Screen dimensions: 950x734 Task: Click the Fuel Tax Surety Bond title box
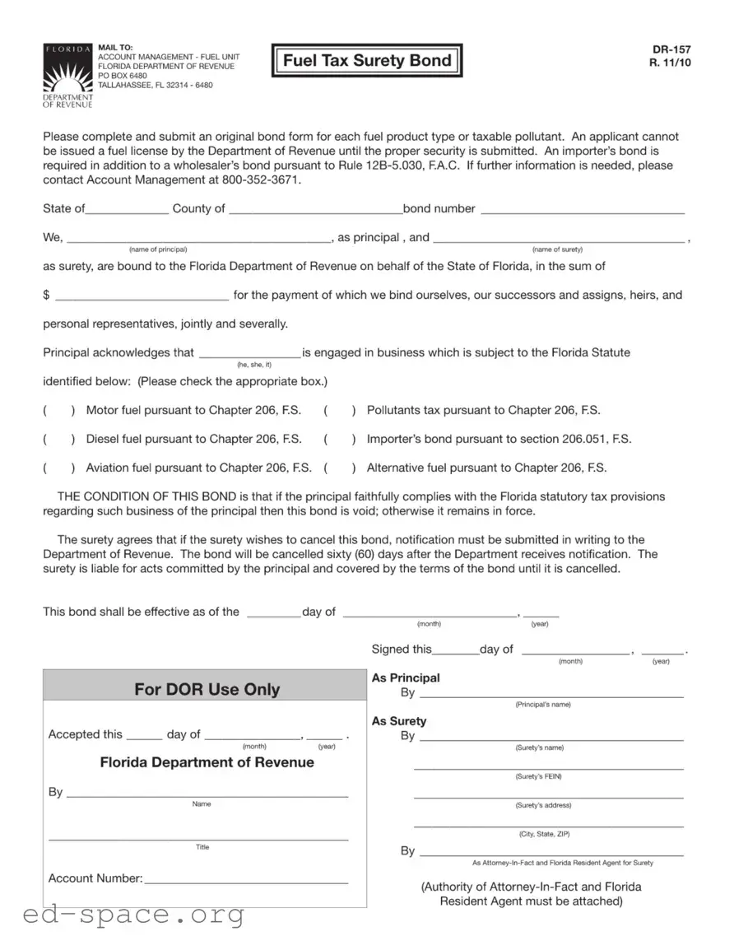[367, 60]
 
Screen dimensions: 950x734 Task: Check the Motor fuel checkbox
[60, 410]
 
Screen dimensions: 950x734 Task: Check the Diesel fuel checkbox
[60, 439]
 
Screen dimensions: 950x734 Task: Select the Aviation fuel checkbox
[60, 468]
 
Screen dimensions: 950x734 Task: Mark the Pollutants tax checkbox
[340, 410]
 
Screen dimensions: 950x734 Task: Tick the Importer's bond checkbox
[340, 439]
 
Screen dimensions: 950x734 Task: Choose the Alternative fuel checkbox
[340, 468]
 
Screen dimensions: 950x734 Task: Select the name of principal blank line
[197, 240]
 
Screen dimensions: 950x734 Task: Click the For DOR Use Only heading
[207, 689]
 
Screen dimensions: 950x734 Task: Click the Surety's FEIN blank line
[548, 768]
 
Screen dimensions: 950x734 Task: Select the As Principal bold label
[406, 678]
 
